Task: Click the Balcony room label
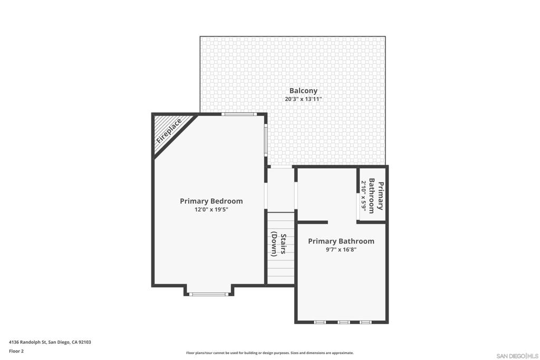303,91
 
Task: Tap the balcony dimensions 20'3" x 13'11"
303,99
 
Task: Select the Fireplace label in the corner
169,132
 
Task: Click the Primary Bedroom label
211,201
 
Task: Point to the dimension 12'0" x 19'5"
211,209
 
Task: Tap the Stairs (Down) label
278,245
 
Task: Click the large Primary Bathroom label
341,241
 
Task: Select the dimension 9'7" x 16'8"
341,250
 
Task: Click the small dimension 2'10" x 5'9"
363,196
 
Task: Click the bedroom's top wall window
238,114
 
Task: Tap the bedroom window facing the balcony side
266,140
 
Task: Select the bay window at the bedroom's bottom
209,294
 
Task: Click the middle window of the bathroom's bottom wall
343,322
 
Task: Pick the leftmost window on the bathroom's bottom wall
320,322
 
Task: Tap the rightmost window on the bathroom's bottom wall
365,322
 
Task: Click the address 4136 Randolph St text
50,342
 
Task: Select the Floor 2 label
16,351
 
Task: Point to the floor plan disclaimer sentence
269,353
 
